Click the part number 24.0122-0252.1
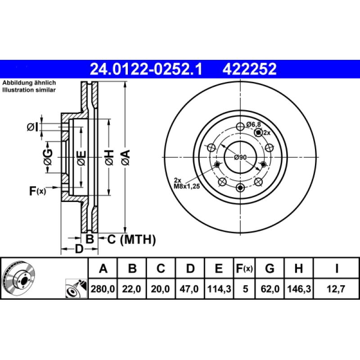point(146,69)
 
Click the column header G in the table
point(270,269)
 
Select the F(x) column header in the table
point(244,269)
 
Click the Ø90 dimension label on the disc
point(240,157)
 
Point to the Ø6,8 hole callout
point(254,124)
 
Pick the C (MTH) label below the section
point(131,239)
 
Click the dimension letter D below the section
point(79,248)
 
